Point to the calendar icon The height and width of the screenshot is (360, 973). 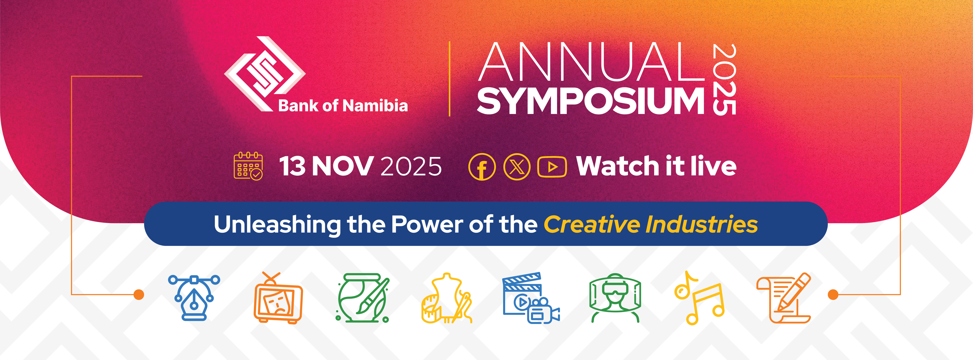(x=248, y=166)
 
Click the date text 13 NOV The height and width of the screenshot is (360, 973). (x=326, y=166)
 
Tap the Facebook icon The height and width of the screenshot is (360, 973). (x=482, y=167)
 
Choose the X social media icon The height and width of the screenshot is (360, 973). (x=517, y=167)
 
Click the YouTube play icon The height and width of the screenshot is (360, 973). (x=552, y=167)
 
